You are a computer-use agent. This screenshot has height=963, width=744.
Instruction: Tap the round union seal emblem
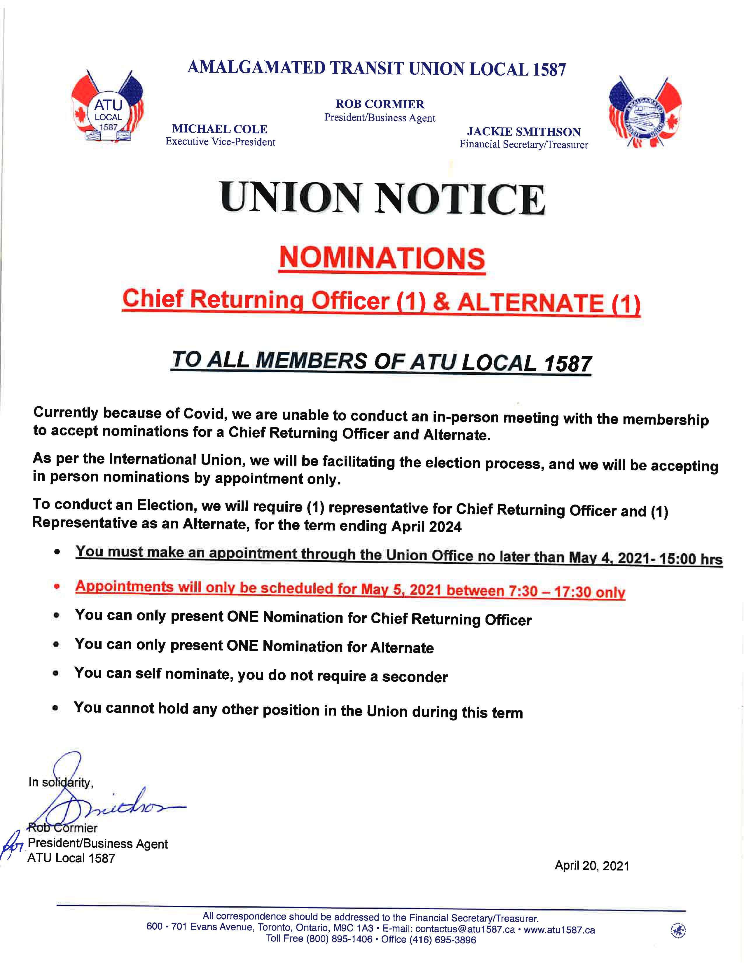click(645, 113)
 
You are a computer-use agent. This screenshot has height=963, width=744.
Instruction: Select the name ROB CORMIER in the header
click(380, 104)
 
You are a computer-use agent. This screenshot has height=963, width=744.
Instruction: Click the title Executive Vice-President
click(220, 142)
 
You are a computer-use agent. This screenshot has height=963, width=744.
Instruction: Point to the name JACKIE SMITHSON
click(524, 132)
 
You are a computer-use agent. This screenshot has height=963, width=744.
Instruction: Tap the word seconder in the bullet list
click(415, 677)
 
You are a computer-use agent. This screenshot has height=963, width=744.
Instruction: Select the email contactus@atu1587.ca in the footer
click(465, 929)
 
